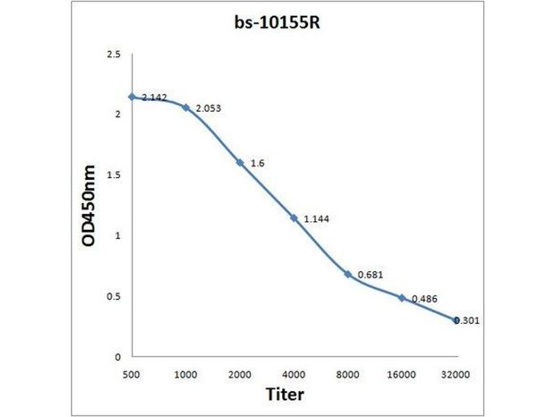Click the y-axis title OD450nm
89,206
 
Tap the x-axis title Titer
285,394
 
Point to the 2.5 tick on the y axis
113,54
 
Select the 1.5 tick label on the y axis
113,175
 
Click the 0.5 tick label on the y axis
113,296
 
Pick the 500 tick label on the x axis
131,375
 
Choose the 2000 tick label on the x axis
240,375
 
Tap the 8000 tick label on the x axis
348,375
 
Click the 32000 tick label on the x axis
457,375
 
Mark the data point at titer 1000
186,107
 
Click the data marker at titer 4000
294,218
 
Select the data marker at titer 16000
402,297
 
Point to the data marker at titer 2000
240,162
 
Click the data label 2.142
154,98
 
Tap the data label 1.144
316,219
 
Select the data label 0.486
424,298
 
